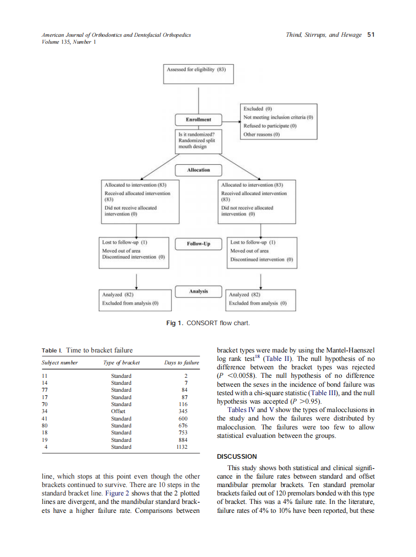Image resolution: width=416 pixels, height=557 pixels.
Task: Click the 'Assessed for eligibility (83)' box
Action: point(198,70)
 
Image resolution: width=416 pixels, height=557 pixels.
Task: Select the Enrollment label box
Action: point(198,120)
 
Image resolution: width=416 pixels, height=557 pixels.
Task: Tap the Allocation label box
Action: point(198,170)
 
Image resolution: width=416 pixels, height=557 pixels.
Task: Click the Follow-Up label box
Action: point(198,244)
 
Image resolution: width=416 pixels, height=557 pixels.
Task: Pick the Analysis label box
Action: point(198,291)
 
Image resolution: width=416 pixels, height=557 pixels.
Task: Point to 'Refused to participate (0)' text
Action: point(270,126)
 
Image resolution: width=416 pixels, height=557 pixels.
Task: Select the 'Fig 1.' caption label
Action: point(175,324)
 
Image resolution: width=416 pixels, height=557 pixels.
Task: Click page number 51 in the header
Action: point(370,35)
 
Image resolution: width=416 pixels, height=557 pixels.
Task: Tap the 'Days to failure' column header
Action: point(182,363)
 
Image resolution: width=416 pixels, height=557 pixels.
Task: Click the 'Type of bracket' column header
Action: point(122,363)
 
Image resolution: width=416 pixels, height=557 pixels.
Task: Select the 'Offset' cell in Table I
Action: point(118,411)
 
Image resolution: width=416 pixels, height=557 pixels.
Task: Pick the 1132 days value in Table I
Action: point(182,447)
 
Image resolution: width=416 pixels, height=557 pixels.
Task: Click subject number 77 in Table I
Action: point(44,390)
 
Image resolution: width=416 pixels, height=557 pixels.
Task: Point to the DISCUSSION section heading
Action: point(237,456)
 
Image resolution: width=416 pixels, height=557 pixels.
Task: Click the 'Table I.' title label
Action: point(52,350)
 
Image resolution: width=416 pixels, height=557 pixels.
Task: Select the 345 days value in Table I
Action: point(183,411)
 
